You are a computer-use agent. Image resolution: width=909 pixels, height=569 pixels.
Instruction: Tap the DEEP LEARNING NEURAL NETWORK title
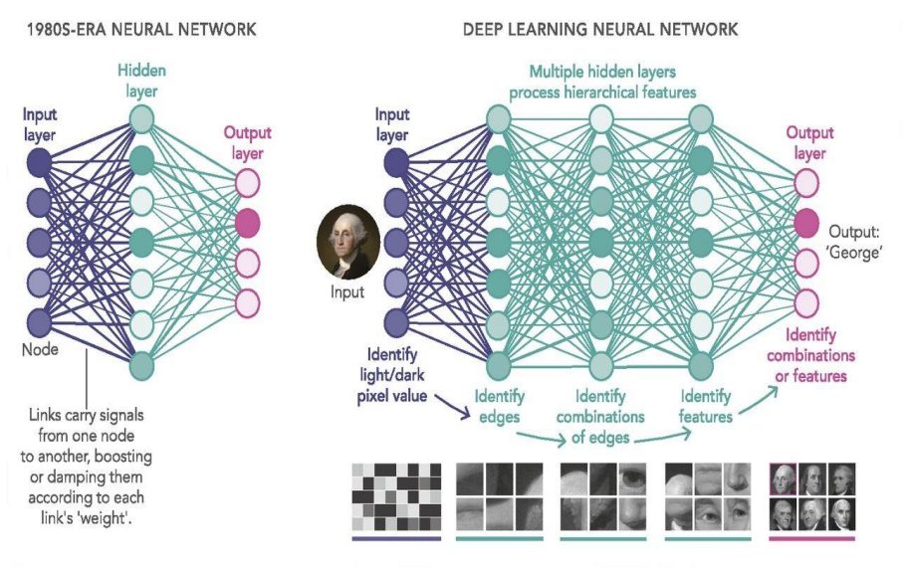(600, 30)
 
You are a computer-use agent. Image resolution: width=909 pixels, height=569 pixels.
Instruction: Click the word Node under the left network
(42, 350)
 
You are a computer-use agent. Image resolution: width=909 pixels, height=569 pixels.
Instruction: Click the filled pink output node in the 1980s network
(248, 221)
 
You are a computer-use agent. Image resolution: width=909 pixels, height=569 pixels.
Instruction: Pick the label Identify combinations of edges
(600, 417)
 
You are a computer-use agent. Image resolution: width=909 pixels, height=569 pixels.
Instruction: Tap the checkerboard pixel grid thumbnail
(395, 496)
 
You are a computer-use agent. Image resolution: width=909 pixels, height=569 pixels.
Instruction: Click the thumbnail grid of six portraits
(812, 496)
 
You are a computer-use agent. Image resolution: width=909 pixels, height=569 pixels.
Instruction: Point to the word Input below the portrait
(347, 292)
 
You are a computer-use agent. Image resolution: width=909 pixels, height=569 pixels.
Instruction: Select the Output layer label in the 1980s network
(247, 142)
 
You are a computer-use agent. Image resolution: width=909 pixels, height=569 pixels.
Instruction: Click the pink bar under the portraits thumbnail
(812, 539)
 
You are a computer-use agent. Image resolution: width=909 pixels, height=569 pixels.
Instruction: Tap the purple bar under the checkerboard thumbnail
(395, 539)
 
